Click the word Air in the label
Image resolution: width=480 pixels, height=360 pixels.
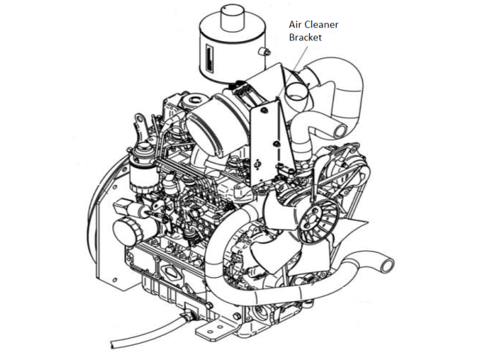click(295, 24)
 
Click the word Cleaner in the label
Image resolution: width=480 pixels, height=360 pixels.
click(321, 24)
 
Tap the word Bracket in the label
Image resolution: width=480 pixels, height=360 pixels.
click(306, 37)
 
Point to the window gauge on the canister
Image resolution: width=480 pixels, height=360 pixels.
click(208, 57)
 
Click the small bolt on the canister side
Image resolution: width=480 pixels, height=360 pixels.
click(265, 52)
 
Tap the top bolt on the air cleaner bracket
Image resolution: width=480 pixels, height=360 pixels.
click(265, 110)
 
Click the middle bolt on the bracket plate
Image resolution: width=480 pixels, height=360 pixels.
click(276, 143)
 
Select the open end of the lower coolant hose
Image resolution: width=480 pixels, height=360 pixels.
click(387, 266)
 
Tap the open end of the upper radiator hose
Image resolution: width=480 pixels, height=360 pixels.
click(340, 131)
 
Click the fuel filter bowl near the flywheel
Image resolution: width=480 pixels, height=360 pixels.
click(143, 178)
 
